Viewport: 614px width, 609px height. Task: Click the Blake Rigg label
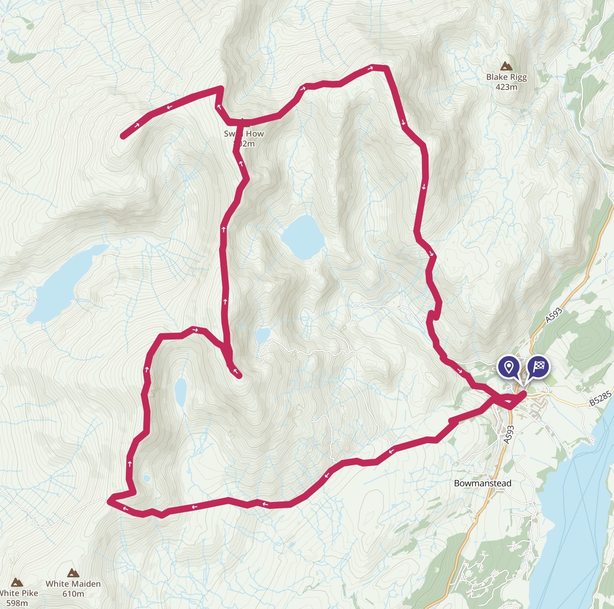pyautogui.click(x=506, y=77)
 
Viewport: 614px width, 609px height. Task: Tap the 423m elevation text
pyautogui.click(x=506, y=87)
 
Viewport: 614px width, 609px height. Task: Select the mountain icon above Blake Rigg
pyautogui.click(x=506, y=66)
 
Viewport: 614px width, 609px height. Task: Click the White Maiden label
pyautogui.click(x=73, y=584)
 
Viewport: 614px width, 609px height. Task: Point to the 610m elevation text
pyautogui.click(x=73, y=594)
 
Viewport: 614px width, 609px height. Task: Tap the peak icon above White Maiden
pyautogui.click(x=73, y=573)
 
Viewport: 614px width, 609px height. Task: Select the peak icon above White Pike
pyautogui.click(x=16, y=582)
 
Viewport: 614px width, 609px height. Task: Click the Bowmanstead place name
pyautogui.click(x=482, y=483)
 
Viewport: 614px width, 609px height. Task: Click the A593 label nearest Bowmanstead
pyautogui.click(x=508, y=434)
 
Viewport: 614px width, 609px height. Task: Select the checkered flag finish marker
pyautogui.click(x=538, y=367)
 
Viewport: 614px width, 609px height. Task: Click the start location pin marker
pyautogui.click(x=508, y=367)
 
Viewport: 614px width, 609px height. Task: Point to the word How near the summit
pyautogui.click(x=255, y=134)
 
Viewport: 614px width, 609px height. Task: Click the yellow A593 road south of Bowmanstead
pyautogui.click(x=467, y=537)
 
